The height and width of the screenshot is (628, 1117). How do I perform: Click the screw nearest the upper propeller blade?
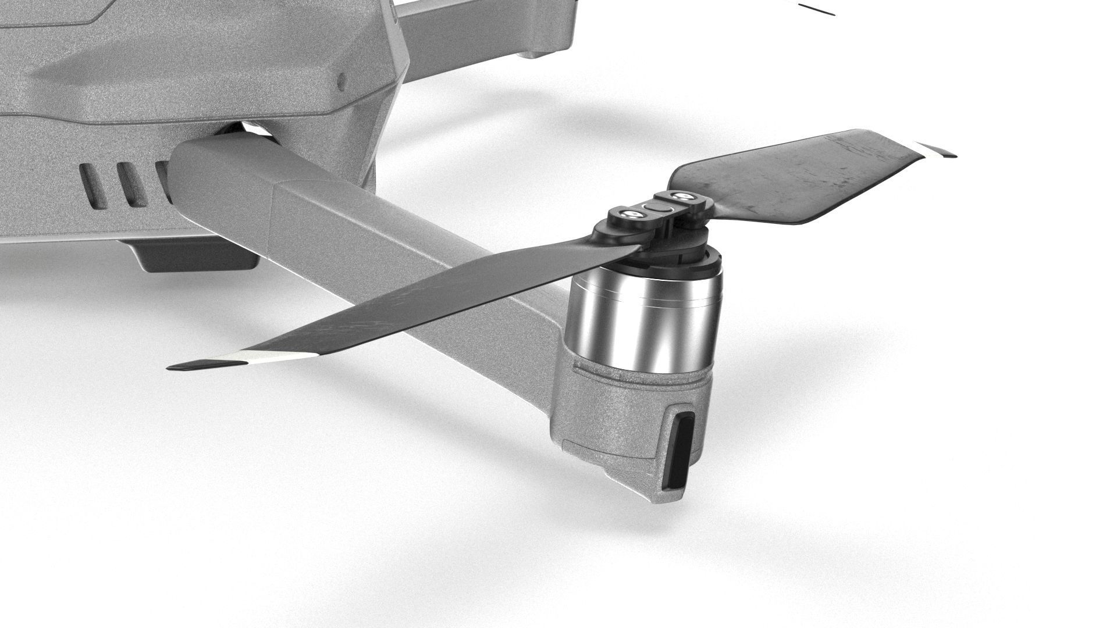click(680, 197)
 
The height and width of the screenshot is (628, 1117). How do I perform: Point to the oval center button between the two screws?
click(655, 206)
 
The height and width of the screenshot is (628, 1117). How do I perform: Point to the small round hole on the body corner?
click(342, 81)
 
